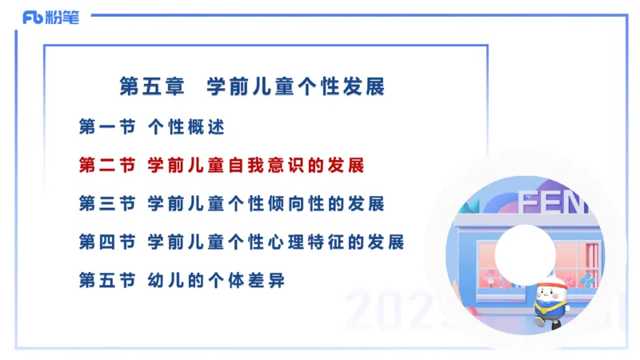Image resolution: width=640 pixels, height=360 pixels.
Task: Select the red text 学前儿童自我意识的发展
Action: coord(256,166)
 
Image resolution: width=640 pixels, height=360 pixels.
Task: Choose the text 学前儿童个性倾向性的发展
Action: coord(266,204)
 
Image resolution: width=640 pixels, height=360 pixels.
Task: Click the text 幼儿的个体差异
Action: coord(216,281)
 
